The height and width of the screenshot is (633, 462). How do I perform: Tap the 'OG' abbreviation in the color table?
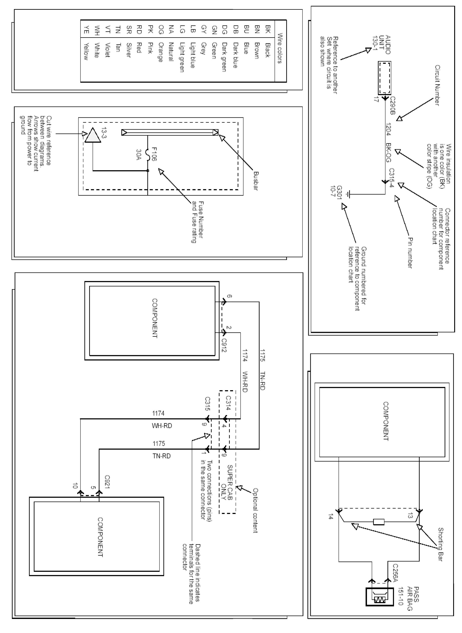coord(160,30)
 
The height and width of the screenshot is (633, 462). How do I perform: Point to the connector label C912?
coord(224,345)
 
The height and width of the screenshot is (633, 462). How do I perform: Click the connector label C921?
coord(107,482)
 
